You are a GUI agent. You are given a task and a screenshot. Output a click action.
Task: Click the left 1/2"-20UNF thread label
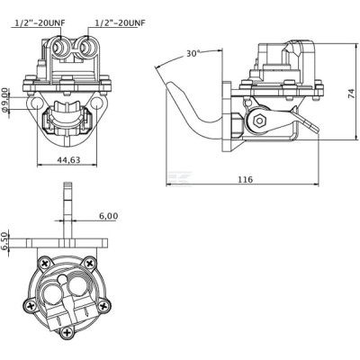pyautogui.click(x=40, y=22)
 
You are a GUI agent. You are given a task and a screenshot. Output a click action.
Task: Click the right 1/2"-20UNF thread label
pyautogui.click(x=120, y=22)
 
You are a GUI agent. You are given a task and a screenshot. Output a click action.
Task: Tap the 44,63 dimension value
pyautogui.click(x=68, y=160)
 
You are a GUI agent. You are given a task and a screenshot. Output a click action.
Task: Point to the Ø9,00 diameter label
pyautogui.click(x=5, y=100)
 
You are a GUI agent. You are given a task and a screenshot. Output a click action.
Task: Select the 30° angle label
pyautogui.click(x=193, y=54)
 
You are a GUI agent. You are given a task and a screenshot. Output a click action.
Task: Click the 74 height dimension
pyautogui.click(x=351, y=94)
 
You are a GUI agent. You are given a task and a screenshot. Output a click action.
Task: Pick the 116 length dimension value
pyautogui.click(x=246, y=180)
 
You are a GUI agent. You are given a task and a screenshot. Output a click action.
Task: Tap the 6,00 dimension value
pyautogui.click(x=108, y=216)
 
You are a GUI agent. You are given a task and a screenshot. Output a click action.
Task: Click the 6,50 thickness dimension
pyautogui.click(x=4, y=241)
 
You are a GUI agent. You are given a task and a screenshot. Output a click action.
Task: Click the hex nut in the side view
pyautogui.click(x=259, y=121)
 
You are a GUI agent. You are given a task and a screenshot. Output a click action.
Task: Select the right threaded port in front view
pyautogui.click(x=87, y=47)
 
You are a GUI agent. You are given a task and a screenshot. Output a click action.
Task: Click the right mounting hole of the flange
pyautogui.click(x=96, y=103)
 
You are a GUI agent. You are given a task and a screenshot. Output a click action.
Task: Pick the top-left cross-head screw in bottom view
pyautogui.click(x=45, y=264)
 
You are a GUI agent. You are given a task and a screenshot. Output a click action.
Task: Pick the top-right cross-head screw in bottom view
pyautogui.click(x=89, y=264)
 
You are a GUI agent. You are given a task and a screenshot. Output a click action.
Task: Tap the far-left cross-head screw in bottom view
pyautogui.click(x=31, y=306)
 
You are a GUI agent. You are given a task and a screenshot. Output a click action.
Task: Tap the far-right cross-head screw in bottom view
pyautogui.click(x=103, y=306)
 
